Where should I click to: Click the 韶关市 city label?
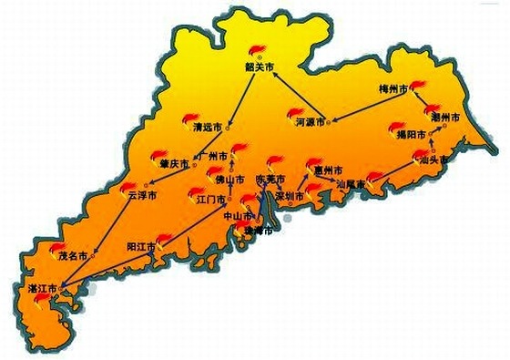259,67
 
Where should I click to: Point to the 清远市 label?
209,129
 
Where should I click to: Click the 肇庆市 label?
174,164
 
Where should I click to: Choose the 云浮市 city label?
141,195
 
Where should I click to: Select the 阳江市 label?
141,247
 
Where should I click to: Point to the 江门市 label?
210,196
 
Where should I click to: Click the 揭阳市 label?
411,135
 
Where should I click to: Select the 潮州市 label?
446,119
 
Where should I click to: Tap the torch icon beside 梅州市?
417,86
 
